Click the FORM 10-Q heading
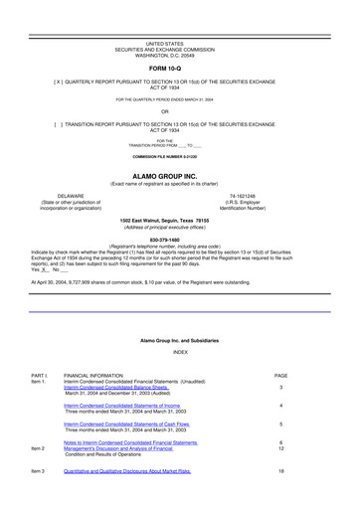tap(179, 69)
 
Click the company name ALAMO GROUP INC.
tap(179, 175)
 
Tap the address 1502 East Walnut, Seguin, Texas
tap(179, 221)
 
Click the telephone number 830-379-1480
tap(179, 239)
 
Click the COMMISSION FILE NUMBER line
tap(179, 158)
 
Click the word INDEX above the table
tap(180, 352)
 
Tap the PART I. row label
tap(41, 374)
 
